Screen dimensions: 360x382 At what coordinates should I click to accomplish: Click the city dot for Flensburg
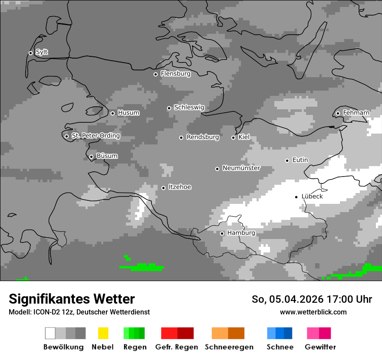pyautogui.click(x=155, y=74)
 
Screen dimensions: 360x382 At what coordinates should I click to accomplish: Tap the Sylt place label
pyautogui.click(x=42, y=52)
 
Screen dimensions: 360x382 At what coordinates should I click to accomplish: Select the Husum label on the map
pyautogui.click(x=128, y=113)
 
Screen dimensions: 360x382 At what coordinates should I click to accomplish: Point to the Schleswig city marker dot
pyautogui.click(x=169, y=108)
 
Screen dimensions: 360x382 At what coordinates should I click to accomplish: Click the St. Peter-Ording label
pyautogui.click(x=95, y=136)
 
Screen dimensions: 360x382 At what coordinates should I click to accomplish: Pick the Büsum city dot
pyautogui.click(x=91, y=157)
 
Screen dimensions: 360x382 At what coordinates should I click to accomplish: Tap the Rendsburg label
pyautogui.click(x=203, y=137)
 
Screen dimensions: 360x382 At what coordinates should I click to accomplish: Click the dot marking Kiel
pyautogui.click(x=233, y=137)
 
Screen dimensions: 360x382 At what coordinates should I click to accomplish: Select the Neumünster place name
pyautogui.click(x=241, y=168)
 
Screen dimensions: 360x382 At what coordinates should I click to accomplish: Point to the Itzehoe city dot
pyautogui.click(x=163, y=188)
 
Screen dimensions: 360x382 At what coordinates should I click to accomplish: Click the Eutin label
pyautogui.click(x=300, y=160)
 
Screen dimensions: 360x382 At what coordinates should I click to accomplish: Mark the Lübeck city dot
pyautogui.click(x=296, y=197)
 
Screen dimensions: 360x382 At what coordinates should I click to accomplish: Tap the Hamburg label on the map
pyautogui.click(x=241, y=233)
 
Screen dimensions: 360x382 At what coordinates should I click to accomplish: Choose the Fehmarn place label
pyautogui.click(x=356, y=113)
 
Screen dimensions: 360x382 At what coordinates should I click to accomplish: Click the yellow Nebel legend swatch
pyautogui.click(x=103, y=333)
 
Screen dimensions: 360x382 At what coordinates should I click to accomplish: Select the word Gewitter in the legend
pyautogui.click(x=320, y=347)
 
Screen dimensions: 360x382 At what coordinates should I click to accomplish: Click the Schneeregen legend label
pyautogui.click(x=229, y=347)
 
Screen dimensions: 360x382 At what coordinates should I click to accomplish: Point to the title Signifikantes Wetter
pyautogui.click(x=72, y=299)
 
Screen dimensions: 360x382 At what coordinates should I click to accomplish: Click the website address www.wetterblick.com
pyautogui.click(x=313, y=312)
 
